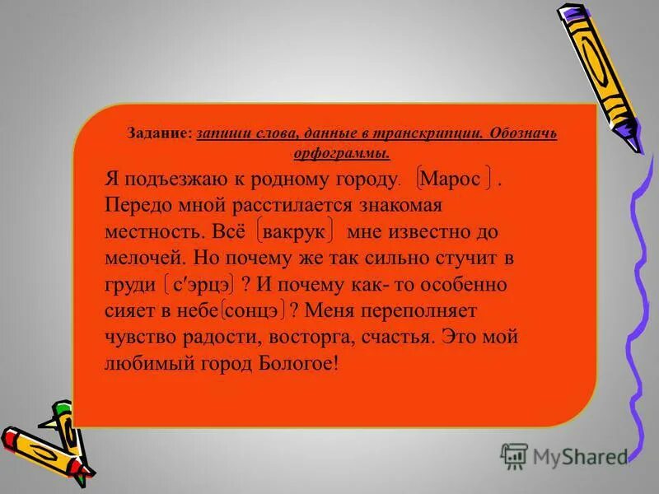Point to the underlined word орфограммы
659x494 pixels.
coord(341,152)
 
